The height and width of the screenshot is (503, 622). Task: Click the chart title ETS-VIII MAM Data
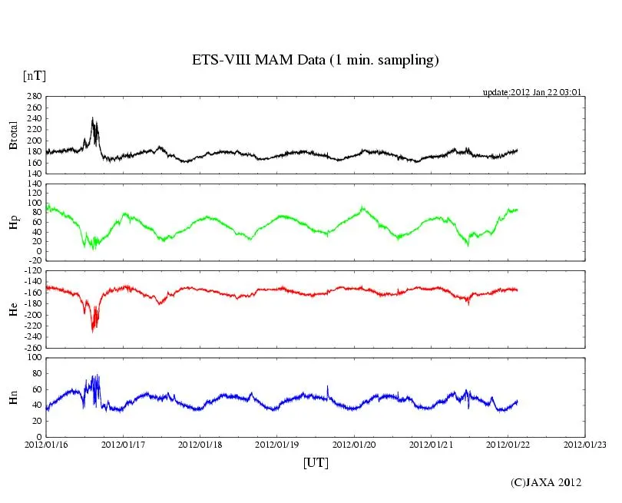click(315, 61)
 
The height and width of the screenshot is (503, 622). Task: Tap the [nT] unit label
click(34, 76)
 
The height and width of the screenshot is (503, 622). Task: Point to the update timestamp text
click(531, 92)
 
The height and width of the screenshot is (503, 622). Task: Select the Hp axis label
click(13, 223)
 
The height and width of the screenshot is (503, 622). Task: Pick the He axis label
click(13, 309)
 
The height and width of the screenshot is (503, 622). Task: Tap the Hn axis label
click(13, 397)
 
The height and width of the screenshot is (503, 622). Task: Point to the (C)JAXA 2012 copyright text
click(545, 482)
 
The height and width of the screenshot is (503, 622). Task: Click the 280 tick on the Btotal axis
click(34, 97)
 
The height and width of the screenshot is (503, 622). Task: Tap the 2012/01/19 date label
click(278, 445)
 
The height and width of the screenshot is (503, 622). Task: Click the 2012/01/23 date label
click(585, 445)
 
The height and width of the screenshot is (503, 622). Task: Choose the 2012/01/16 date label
click(46, 445)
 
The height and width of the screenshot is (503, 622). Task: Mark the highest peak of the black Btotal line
click(93, 118)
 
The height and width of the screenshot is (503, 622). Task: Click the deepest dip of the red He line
click(93, 331)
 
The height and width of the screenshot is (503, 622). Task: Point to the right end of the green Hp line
click(518, 209)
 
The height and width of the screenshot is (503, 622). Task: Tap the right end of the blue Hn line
click(518, 401)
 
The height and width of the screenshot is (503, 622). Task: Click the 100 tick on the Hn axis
click(34, 357)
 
